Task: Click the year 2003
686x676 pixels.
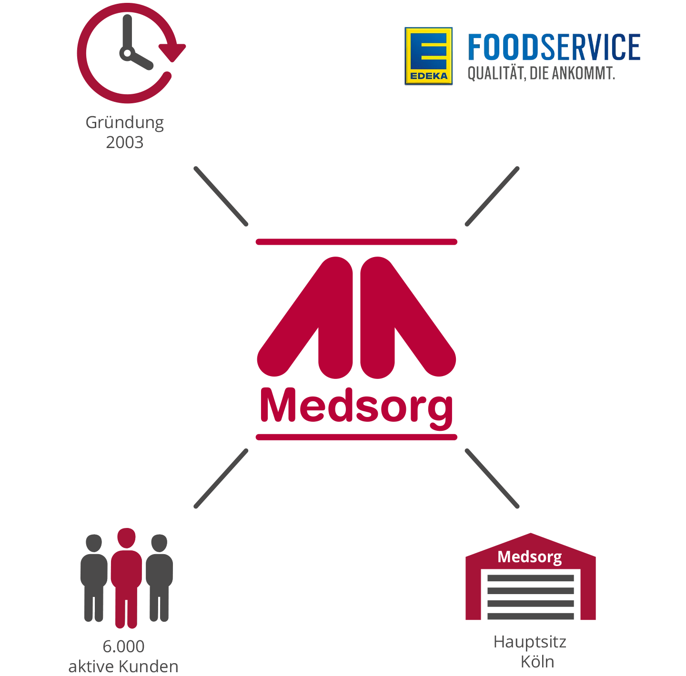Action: pyautogui.click(x=125, y=142)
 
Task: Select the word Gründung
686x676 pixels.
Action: pyautogui.click(x=125, y=123)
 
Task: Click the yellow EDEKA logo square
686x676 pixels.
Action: pyautogui.click(x=429, y=56)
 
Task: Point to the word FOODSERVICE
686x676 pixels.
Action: pyautogui.click(x=554, y=47)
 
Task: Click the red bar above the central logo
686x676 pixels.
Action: pyautogui.click(x=356, y=242)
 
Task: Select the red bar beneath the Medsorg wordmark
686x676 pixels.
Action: pyautogui.click(x=356, y=437)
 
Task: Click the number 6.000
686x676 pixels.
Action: pyautogui.click(x=123, y=646)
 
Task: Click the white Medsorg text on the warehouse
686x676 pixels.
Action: pyautogui.click(x=530, y=557)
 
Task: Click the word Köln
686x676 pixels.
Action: pyautogui.click(x=537, y=662)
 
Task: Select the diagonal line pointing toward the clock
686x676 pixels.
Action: pyautogui.click(x=221, y=196)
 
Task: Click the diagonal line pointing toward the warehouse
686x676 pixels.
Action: pyautogui.click(x=492, y=478)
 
